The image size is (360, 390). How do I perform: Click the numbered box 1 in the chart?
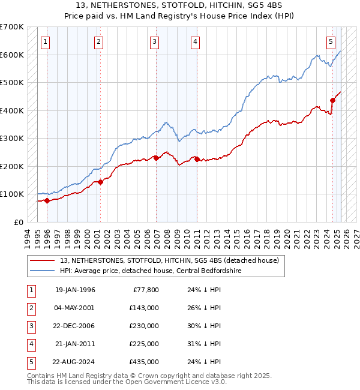point(46,41)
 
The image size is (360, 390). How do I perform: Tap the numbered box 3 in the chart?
point(155,41)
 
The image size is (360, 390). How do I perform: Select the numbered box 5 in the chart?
point(331,41)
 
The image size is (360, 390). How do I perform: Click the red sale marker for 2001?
point(100,182)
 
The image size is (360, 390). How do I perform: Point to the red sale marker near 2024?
point(333,100)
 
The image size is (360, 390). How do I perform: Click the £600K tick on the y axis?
point(12,55)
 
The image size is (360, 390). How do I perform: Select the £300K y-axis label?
point(12,138)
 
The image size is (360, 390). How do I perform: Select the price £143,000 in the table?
point(145,308)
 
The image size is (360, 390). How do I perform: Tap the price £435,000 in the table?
point(145,362)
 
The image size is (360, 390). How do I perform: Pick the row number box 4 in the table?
point(30,344)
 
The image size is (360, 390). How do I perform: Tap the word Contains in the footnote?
point(41,376)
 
